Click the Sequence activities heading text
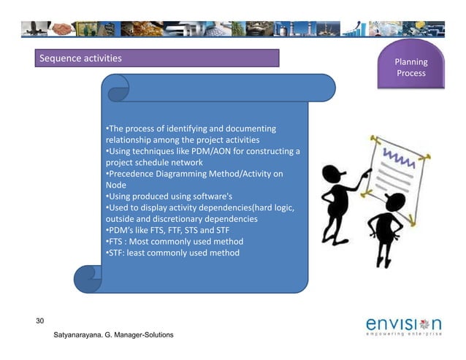[x=81, y=58]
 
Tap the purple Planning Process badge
[x=411, y=68]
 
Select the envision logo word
[x=402, y=323]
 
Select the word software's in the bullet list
[x=209, y=196]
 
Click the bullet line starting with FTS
[x=175, y=242]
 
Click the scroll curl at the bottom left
[x=88, y=277]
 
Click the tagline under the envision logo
[x=402, y=336]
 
